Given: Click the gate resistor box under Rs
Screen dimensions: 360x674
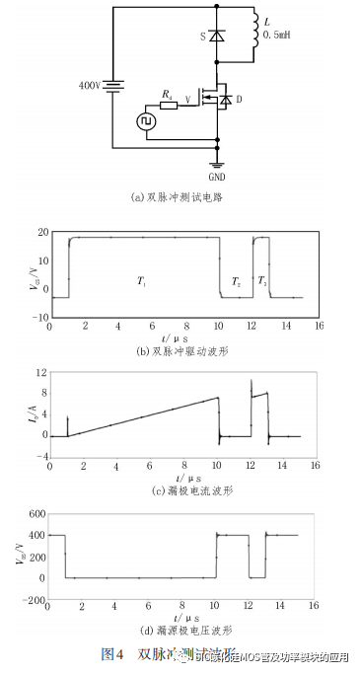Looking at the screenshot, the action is click(x=170, y=106).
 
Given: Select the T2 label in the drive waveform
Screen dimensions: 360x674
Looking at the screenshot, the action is click(x=236, y=283).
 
